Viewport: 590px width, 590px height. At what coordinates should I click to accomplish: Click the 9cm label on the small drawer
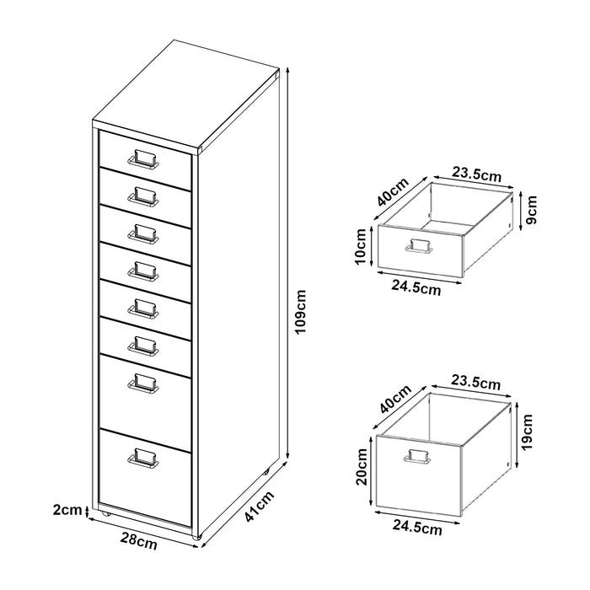[532, 205]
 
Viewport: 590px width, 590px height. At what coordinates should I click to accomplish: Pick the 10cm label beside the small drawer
[362, 244]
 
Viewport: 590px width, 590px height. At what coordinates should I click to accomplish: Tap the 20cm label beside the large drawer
[362, 464]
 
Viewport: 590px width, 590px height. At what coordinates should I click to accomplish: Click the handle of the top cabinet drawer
[142, 158]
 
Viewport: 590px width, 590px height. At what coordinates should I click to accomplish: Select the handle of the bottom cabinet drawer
[142, 457]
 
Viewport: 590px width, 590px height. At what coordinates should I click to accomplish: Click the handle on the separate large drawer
[418, 457]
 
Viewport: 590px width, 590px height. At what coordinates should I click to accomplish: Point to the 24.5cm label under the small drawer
[416, 287]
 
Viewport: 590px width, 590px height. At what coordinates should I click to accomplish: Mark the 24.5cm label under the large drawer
[416, 528]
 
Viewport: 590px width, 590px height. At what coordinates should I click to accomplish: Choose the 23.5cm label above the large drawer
[477, 384]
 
